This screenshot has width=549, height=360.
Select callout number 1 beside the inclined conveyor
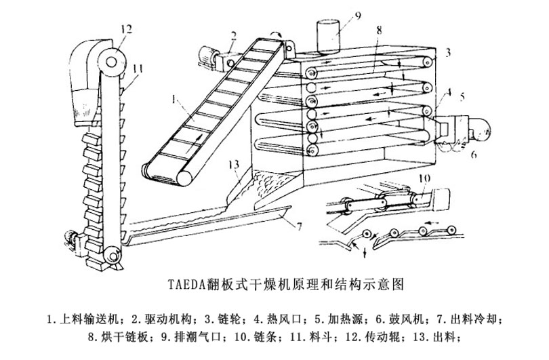(174, 99)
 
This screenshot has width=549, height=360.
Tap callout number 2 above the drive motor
(232, 35)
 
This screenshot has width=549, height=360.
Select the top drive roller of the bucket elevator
(110, 60)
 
